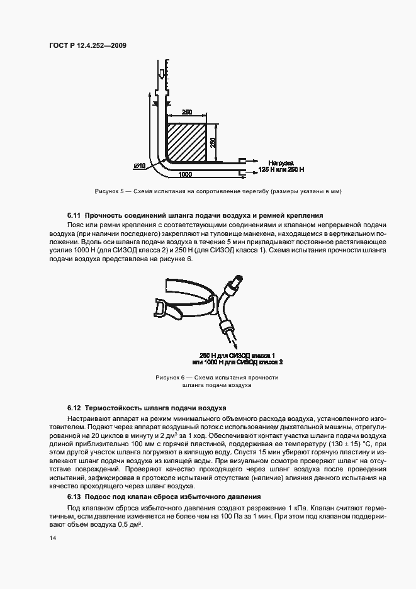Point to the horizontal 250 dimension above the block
tap(187, 112)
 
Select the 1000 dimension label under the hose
tap(185, 174)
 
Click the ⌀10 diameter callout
tap(140, 165)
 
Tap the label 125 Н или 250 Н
tap(281, 170)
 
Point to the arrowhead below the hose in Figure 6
tap(234, 345)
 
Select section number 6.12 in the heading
tap(75, 408)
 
